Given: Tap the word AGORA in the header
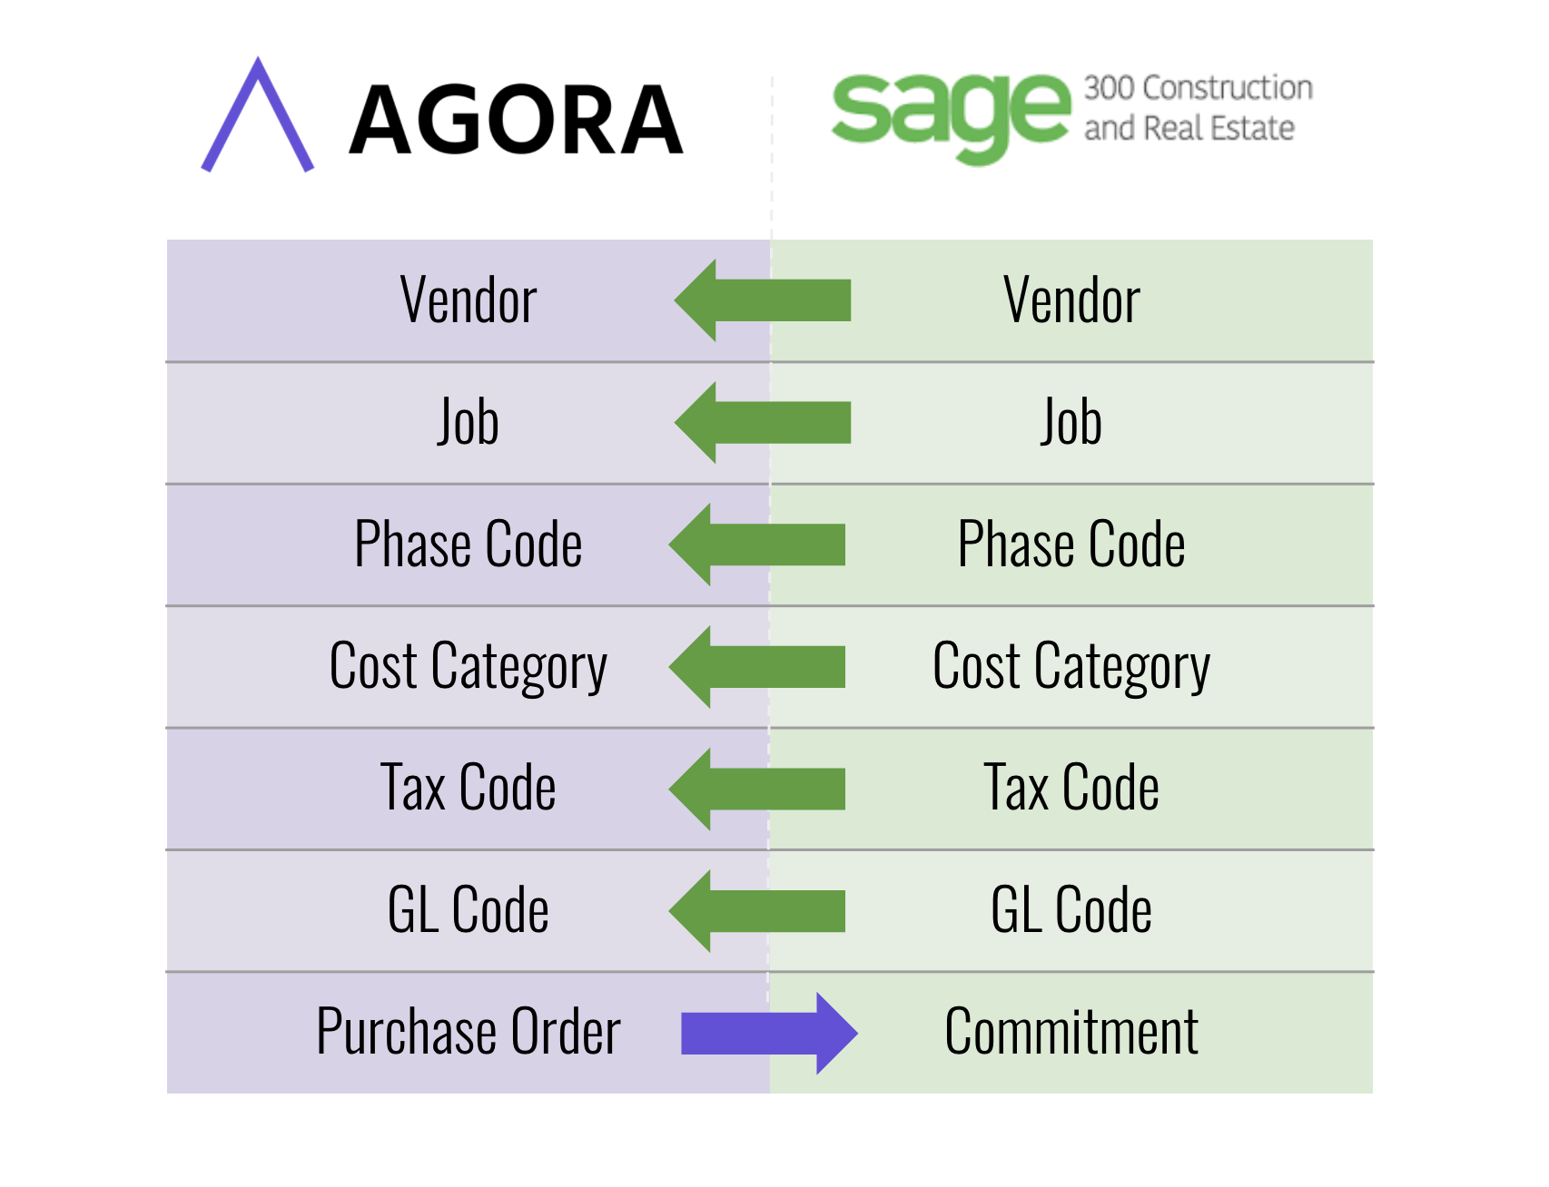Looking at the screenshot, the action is point(516,120).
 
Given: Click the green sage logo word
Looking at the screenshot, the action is point(951,117).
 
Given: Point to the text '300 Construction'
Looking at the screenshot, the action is point(1199,88).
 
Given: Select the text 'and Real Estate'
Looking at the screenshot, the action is point(1189,128).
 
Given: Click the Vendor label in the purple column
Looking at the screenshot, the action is point(469,300).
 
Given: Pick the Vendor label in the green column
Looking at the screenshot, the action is point(1071,300).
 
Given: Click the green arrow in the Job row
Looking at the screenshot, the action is point(763,423).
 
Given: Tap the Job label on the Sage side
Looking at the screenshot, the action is point(1071,422).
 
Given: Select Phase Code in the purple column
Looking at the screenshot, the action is point(469,544).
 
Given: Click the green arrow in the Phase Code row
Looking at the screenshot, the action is point(757,544).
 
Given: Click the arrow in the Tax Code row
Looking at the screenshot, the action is point(757,789).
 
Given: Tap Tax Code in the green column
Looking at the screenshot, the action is point(1071,788).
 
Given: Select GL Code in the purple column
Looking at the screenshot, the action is point(469,910).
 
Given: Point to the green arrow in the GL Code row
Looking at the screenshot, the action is point(757,911).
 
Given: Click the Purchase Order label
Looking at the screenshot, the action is point(469,1032).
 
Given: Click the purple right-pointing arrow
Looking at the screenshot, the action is point(770,1034).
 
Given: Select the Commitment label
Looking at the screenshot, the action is point(1071,1032).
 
